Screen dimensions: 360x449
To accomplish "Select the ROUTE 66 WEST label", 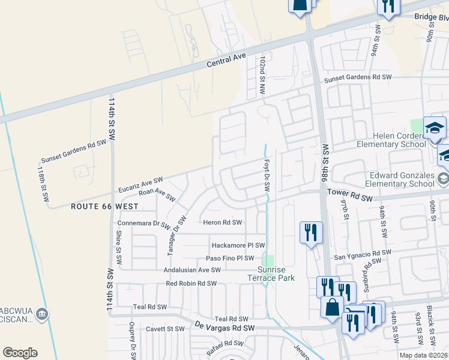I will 104,206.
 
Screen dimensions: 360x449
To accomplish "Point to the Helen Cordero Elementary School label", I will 391,140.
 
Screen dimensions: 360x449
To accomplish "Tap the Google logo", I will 20,352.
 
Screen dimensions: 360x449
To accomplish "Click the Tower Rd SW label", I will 358,194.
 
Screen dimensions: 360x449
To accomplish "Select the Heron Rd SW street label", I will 223,223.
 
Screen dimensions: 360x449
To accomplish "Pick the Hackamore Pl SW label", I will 238,245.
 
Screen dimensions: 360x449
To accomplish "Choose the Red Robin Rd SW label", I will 191,283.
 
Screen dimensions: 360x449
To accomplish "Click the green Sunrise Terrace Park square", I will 268,261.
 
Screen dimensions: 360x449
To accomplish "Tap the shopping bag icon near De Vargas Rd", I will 332,307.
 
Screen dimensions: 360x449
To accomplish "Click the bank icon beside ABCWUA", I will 42,313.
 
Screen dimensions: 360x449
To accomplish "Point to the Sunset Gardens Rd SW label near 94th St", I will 358,78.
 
